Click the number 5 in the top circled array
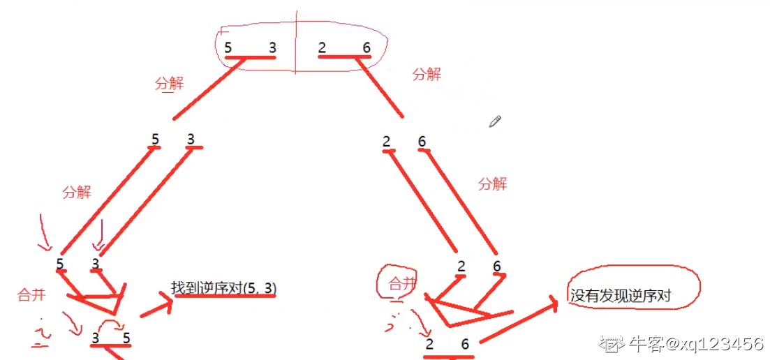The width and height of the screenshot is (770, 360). (x=228, y=47)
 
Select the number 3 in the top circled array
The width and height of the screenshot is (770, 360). (x=272, y=47)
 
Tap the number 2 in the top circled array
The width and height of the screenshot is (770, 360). (x=321, y=47)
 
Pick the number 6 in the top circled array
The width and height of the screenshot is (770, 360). (x=366, y=47)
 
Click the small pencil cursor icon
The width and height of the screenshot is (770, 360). (x=496, y=121)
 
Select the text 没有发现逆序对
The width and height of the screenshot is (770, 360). (x=620, y=296)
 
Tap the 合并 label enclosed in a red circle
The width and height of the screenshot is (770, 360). (x=401, y=283)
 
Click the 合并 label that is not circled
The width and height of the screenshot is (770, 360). (x=31, y=294)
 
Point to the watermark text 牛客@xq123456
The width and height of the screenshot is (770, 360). (x=695, y=343)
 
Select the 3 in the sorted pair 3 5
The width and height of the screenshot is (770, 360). (x=96, y=339)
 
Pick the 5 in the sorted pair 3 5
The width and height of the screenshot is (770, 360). (x=126, y=339)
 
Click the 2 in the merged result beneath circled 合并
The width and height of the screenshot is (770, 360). (x=429, y=344)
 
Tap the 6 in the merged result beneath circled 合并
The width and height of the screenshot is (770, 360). (x=464, y=344)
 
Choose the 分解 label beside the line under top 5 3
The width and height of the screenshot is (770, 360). (x=169, y=84)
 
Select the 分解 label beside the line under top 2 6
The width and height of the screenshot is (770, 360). (x=427, y=74)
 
